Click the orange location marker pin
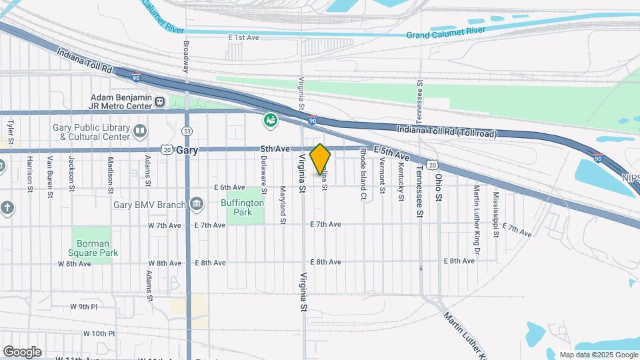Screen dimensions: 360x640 (x=321, y=159)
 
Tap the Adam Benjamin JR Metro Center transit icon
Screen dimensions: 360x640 (x=160, y=102)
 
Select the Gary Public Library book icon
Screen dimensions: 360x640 (x=139, y=130)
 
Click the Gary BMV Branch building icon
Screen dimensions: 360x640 (x=195, y=203)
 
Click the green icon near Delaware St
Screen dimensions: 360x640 (x=271, y=121)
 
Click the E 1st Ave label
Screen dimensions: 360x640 (x=243, y=38)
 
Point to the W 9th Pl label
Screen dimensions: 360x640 (x=84, y=307)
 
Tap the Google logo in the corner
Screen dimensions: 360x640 (x=22, y=351)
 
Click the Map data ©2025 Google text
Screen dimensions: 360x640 (x=598, y=355)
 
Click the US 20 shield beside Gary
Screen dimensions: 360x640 (x=168, y=151)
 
